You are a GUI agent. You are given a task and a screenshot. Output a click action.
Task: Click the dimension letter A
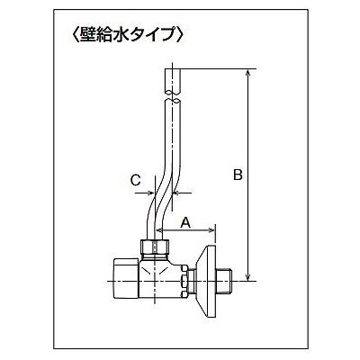click(x=185, y=223)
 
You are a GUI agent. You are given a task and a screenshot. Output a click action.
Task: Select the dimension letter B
click(x=238, y=175)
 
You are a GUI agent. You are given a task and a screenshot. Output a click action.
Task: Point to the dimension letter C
click(x=135, y=181)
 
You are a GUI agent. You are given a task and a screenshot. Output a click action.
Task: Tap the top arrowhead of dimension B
click(x=247, y=73)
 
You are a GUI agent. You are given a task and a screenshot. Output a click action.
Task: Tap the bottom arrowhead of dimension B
click(x=247, y=277)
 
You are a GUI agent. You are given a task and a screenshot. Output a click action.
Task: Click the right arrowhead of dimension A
click(x=211, y=230)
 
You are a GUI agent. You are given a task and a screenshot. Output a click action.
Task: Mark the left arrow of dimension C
click(x=144, y=193)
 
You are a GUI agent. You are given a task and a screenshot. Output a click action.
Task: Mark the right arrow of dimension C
click(x=182, y=193)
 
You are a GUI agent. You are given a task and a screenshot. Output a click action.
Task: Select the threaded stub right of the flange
click(x=225, y=281)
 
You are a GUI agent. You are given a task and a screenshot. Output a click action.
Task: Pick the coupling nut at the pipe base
click(x=155, y=247)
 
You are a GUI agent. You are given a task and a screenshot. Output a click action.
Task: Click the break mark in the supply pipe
click(x=172, y=95)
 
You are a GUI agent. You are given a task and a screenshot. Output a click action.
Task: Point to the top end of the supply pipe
click(x=172, y=69)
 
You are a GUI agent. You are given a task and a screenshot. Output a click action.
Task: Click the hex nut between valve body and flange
click(x=184, y=281)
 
